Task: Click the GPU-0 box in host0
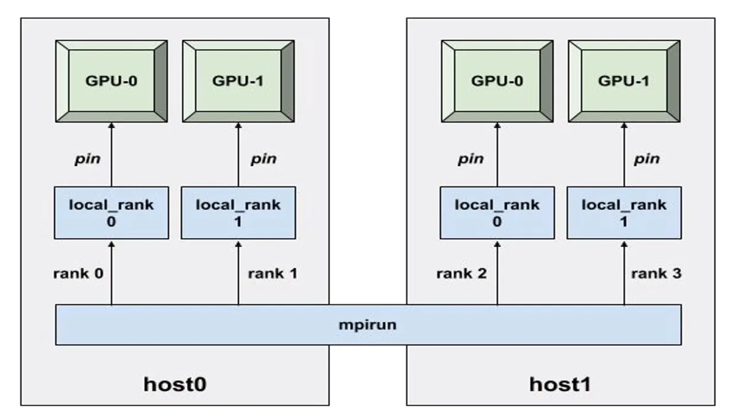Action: [111, 81]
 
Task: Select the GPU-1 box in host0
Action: [238, 81]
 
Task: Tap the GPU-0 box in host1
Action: [497, 81]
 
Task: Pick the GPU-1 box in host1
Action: [624, 81]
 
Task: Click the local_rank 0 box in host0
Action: [111, 212]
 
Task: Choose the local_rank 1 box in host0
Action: [238, 212]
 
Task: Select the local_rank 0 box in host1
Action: [497, 212]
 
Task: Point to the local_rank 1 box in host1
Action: [624, 212]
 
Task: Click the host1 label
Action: [560, 384]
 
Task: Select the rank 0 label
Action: [78, 274]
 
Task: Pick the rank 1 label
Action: [272, 274]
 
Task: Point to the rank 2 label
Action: [461, 274]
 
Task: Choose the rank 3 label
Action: [656, 274]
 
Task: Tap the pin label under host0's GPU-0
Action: [87, 159]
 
